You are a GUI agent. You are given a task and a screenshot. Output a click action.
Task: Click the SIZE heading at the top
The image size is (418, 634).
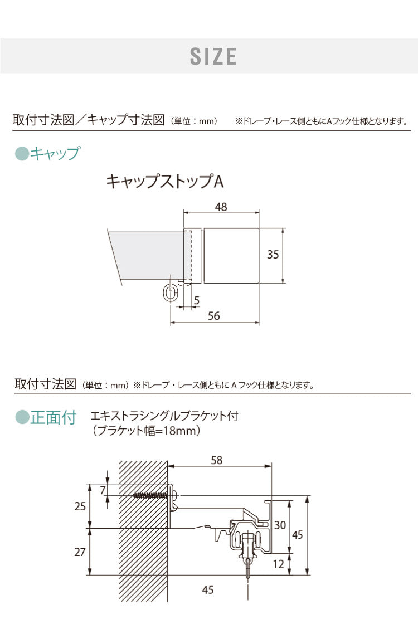(x=213, y=56)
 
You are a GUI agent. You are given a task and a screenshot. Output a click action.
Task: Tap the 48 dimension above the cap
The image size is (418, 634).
(x=221, y=207)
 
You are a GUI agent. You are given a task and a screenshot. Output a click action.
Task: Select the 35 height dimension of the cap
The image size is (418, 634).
(x=273, y=255)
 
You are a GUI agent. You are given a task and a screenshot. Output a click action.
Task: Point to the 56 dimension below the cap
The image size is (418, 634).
(x=213, y=316)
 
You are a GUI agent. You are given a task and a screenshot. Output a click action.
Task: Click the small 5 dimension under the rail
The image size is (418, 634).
(x=197, y=301)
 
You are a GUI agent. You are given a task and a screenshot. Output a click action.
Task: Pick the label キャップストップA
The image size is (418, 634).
(x=165, y=182)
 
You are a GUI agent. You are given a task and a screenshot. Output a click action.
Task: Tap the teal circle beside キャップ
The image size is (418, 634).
(x=21, y=153)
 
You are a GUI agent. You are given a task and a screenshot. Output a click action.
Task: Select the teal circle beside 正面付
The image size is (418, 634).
(x=21, y=417)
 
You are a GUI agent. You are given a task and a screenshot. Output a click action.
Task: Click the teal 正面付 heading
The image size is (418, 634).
(x=53, y=417)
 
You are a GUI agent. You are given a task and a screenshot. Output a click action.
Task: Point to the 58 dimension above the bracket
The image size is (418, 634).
(x=217, y=460)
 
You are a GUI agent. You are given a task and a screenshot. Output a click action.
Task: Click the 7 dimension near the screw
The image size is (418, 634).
(x=103, y=490)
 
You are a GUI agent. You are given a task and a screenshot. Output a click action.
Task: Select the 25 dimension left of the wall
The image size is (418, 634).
(x=80, y=506)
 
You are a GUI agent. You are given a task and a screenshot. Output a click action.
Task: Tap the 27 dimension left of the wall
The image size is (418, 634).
(x=80, y=552)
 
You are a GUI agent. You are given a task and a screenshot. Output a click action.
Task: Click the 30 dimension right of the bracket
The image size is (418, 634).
(x=280, y=524)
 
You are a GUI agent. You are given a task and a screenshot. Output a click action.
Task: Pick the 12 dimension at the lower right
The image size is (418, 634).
(x=279, y=564)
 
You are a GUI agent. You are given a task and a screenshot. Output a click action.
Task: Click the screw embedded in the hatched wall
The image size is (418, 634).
(x=150, y=495)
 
